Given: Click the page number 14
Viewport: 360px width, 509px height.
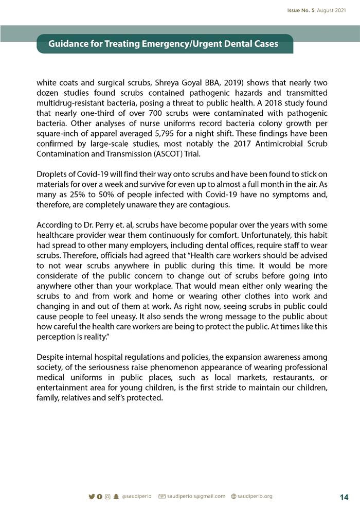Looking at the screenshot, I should [344, 497].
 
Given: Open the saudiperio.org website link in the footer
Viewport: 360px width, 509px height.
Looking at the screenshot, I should [255, 496].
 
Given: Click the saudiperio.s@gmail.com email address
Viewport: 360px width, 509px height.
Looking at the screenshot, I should [196, 496].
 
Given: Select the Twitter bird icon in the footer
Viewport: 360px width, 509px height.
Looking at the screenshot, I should [92, 497].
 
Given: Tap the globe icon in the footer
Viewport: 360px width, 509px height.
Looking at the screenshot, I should [234, 497].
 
